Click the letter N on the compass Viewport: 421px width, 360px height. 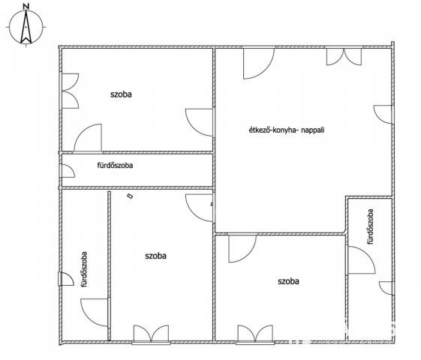(26, 7)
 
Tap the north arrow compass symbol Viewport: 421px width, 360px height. (26, 27)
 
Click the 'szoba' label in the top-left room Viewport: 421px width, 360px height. (121, 94)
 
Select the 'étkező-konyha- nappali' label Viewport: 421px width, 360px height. (287, 130)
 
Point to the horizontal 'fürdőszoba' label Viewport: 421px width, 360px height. (115, 165)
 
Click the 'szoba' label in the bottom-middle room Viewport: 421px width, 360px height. (156, 256)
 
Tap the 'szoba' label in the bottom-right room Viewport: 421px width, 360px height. (288, 281)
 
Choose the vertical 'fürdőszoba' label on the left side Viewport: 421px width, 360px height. (85, 269)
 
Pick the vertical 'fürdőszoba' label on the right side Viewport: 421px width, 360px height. (371, 226)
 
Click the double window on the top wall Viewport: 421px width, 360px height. (344, 56)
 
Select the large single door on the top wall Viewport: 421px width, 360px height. (259, 63)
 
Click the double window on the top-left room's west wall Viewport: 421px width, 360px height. (71, 91)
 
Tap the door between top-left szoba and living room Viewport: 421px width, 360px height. (199, 122)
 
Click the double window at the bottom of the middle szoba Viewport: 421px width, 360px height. (151, 334)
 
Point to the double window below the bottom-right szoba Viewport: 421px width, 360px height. (255, 334)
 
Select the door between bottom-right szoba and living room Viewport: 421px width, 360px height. (242, 248)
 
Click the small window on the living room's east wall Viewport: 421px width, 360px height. (383, 114)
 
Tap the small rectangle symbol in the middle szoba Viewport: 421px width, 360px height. (131, 196)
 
